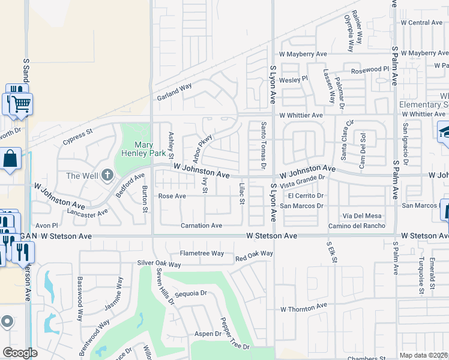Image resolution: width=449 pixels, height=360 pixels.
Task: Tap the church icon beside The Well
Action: tap(107, 175)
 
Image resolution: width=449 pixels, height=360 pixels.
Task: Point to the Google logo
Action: tap(20, 353)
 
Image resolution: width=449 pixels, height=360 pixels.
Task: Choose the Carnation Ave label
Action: tap(202, 226)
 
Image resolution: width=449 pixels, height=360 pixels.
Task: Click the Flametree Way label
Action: tap(202, 253)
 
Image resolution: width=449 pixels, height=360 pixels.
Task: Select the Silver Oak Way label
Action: tap(159, 264)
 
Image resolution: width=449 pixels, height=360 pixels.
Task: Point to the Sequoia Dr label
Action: tap(190, 294)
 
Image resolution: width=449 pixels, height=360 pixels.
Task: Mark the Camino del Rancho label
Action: tap(357, 226)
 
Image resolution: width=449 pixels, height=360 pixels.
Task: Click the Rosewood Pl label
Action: tap(370, 70)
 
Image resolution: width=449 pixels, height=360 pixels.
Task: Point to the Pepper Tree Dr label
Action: tap(234, 334)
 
